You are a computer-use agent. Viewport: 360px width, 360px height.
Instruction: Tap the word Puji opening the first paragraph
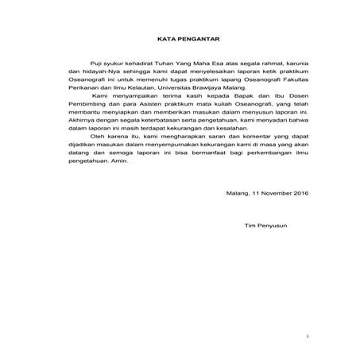coord(99,81)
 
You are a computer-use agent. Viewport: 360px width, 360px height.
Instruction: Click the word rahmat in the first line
coord(256,81)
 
